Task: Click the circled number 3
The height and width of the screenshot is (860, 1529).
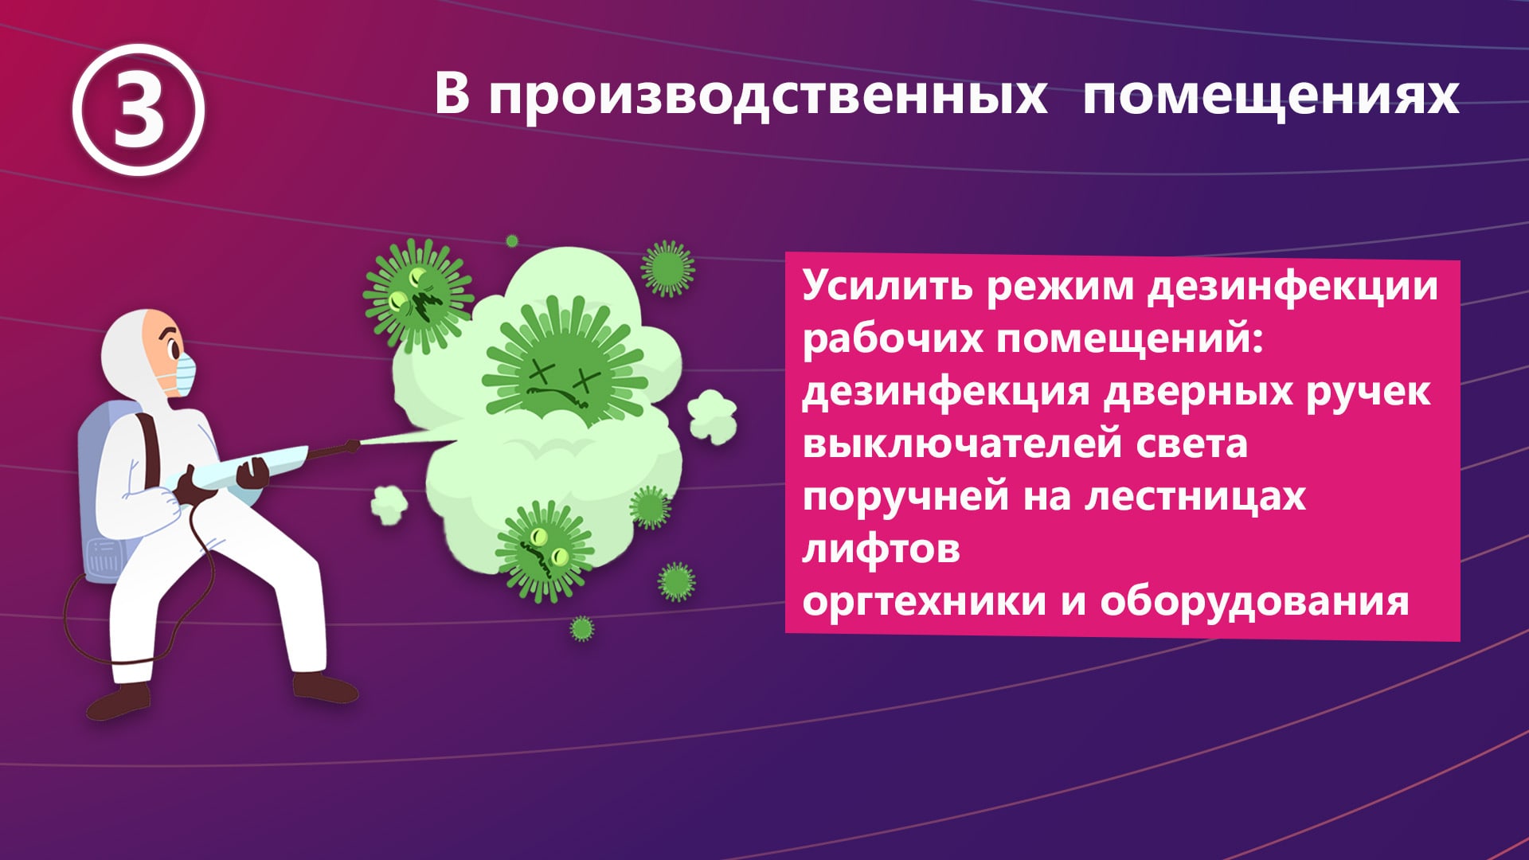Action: click(x=139, y=111)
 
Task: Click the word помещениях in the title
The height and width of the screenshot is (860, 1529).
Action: click(x=1271, y=95)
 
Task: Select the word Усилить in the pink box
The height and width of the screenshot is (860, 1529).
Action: click(x=887, y=286)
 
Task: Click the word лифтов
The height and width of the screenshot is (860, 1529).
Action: click(x=881, y=548)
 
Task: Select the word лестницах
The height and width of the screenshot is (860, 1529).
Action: click(x=1195, y=496)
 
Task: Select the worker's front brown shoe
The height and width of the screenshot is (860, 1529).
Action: click(x=326, y=686)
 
